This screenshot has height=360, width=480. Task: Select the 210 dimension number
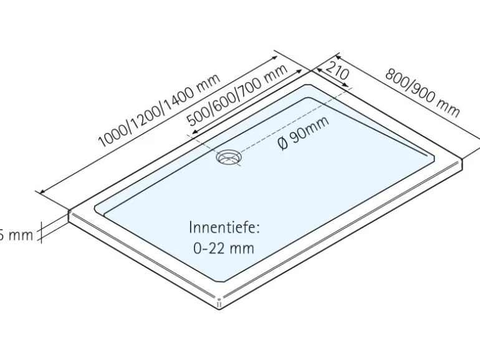[337, 73]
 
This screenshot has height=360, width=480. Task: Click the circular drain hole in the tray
[229, 157]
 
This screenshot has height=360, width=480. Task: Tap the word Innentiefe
[224, 227]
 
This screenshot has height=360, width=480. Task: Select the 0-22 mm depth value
[224, 248]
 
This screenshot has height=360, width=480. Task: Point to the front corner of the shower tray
[219, 305]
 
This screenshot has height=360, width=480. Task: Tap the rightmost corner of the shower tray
[464, 163]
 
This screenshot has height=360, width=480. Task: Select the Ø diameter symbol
[282, 143]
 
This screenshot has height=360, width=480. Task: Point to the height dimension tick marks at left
[42, 232]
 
